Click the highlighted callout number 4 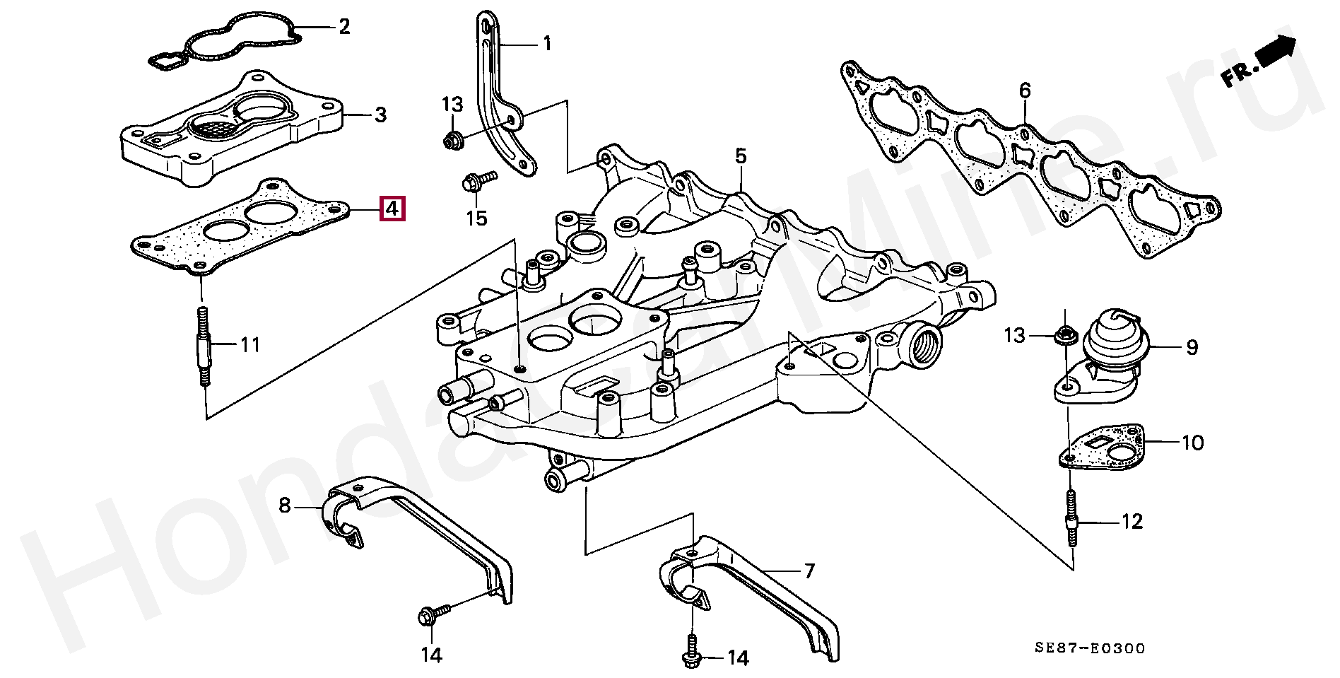392,209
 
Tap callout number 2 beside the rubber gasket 344,27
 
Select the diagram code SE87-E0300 1090,648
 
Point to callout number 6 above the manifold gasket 1025,90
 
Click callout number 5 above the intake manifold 740,156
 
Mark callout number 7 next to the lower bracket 809,571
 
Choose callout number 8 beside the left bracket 285,505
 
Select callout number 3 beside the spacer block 380,115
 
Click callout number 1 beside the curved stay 546,44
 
